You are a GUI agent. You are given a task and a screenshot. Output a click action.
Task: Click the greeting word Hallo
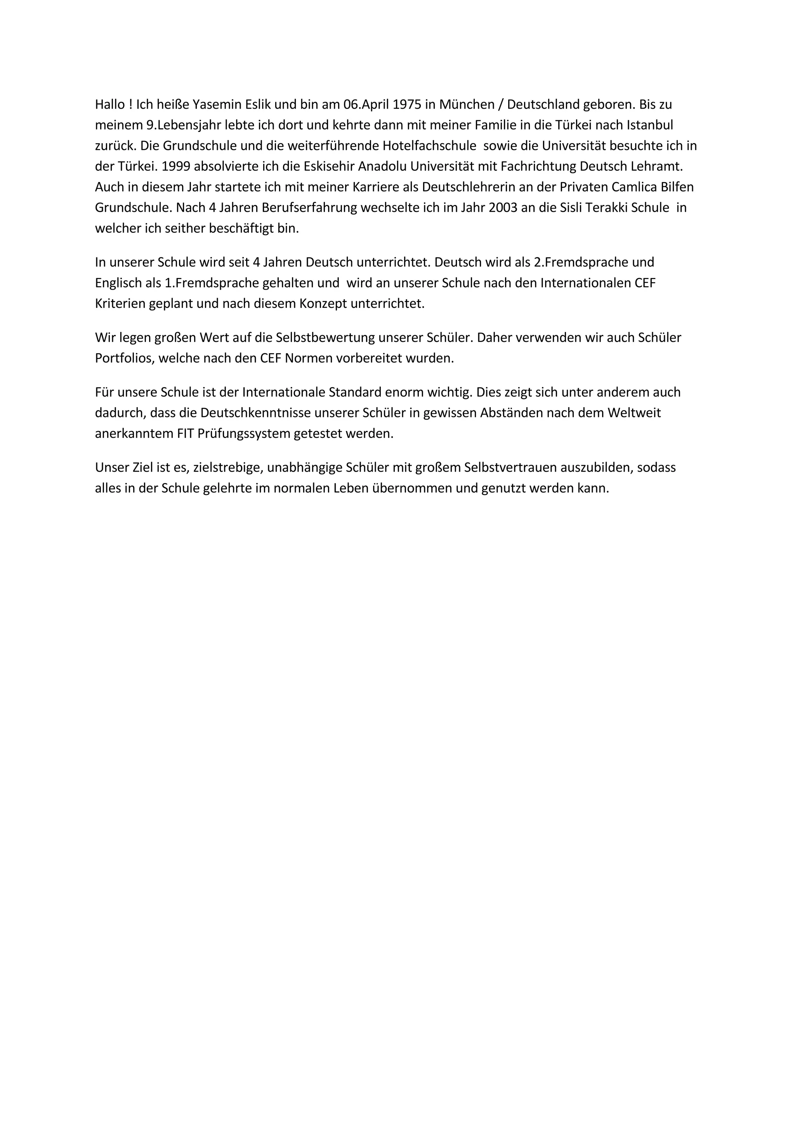(x=110, y=104)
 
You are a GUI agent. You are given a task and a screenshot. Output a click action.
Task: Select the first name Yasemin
(x=215, y=104)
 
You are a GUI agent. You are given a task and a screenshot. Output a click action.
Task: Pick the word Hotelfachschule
(x=430, y=146)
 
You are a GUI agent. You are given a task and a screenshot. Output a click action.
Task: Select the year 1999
(x=175, y=166)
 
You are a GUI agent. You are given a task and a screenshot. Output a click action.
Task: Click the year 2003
(x=503, y=208)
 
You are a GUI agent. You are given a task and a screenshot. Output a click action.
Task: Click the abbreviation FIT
(x=185, y=434)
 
